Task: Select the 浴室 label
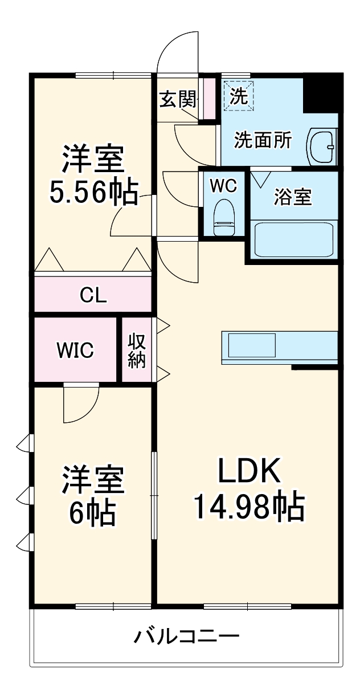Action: (x=293, y=197)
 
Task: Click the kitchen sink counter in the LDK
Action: (x=279, y=347)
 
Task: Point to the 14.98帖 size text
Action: (x=248, y=506)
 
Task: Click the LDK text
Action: (x=249, y=471)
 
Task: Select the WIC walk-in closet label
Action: (x=75, y=350)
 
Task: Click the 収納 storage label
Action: (x=137, y=350)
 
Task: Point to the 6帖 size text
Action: (x=93, y=513)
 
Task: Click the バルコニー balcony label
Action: (x=186, y=635)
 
